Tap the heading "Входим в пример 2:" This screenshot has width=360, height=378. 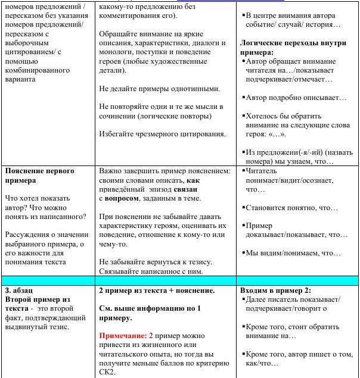[x=275, y=290]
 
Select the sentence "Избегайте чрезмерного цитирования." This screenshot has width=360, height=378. [x=162, y=133]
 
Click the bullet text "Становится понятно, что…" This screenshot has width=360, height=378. [x=292, y=208]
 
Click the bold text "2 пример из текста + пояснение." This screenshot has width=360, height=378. [x=157, y=290]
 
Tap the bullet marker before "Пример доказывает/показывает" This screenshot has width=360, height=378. [x=243, y=226]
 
